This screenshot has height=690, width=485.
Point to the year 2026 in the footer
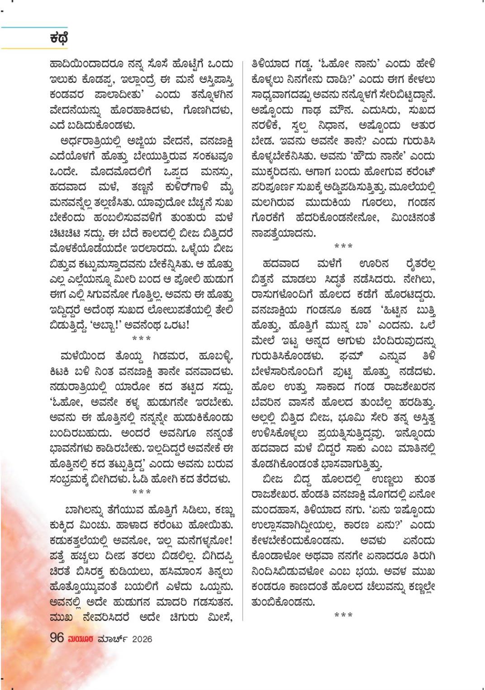coord(142,639)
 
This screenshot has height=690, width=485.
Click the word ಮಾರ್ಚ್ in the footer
coord(113,639)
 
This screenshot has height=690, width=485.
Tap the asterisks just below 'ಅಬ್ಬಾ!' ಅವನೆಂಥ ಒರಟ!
coord(141,338)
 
